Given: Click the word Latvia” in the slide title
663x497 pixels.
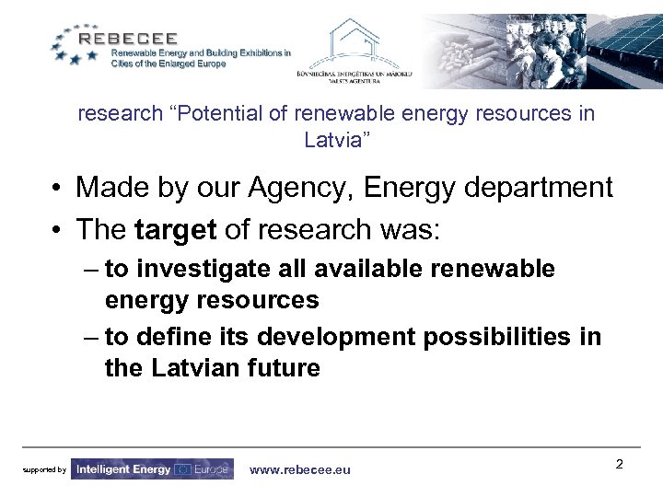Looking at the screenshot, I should (x=337, y=141).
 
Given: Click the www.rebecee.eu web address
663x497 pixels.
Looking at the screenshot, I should (x=300, y=469).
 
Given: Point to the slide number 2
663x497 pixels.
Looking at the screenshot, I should (x=619, y=464).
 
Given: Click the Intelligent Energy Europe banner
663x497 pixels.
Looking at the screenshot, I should (x=152, y=469).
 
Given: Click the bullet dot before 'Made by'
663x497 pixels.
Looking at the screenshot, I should (x=57, y=189).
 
